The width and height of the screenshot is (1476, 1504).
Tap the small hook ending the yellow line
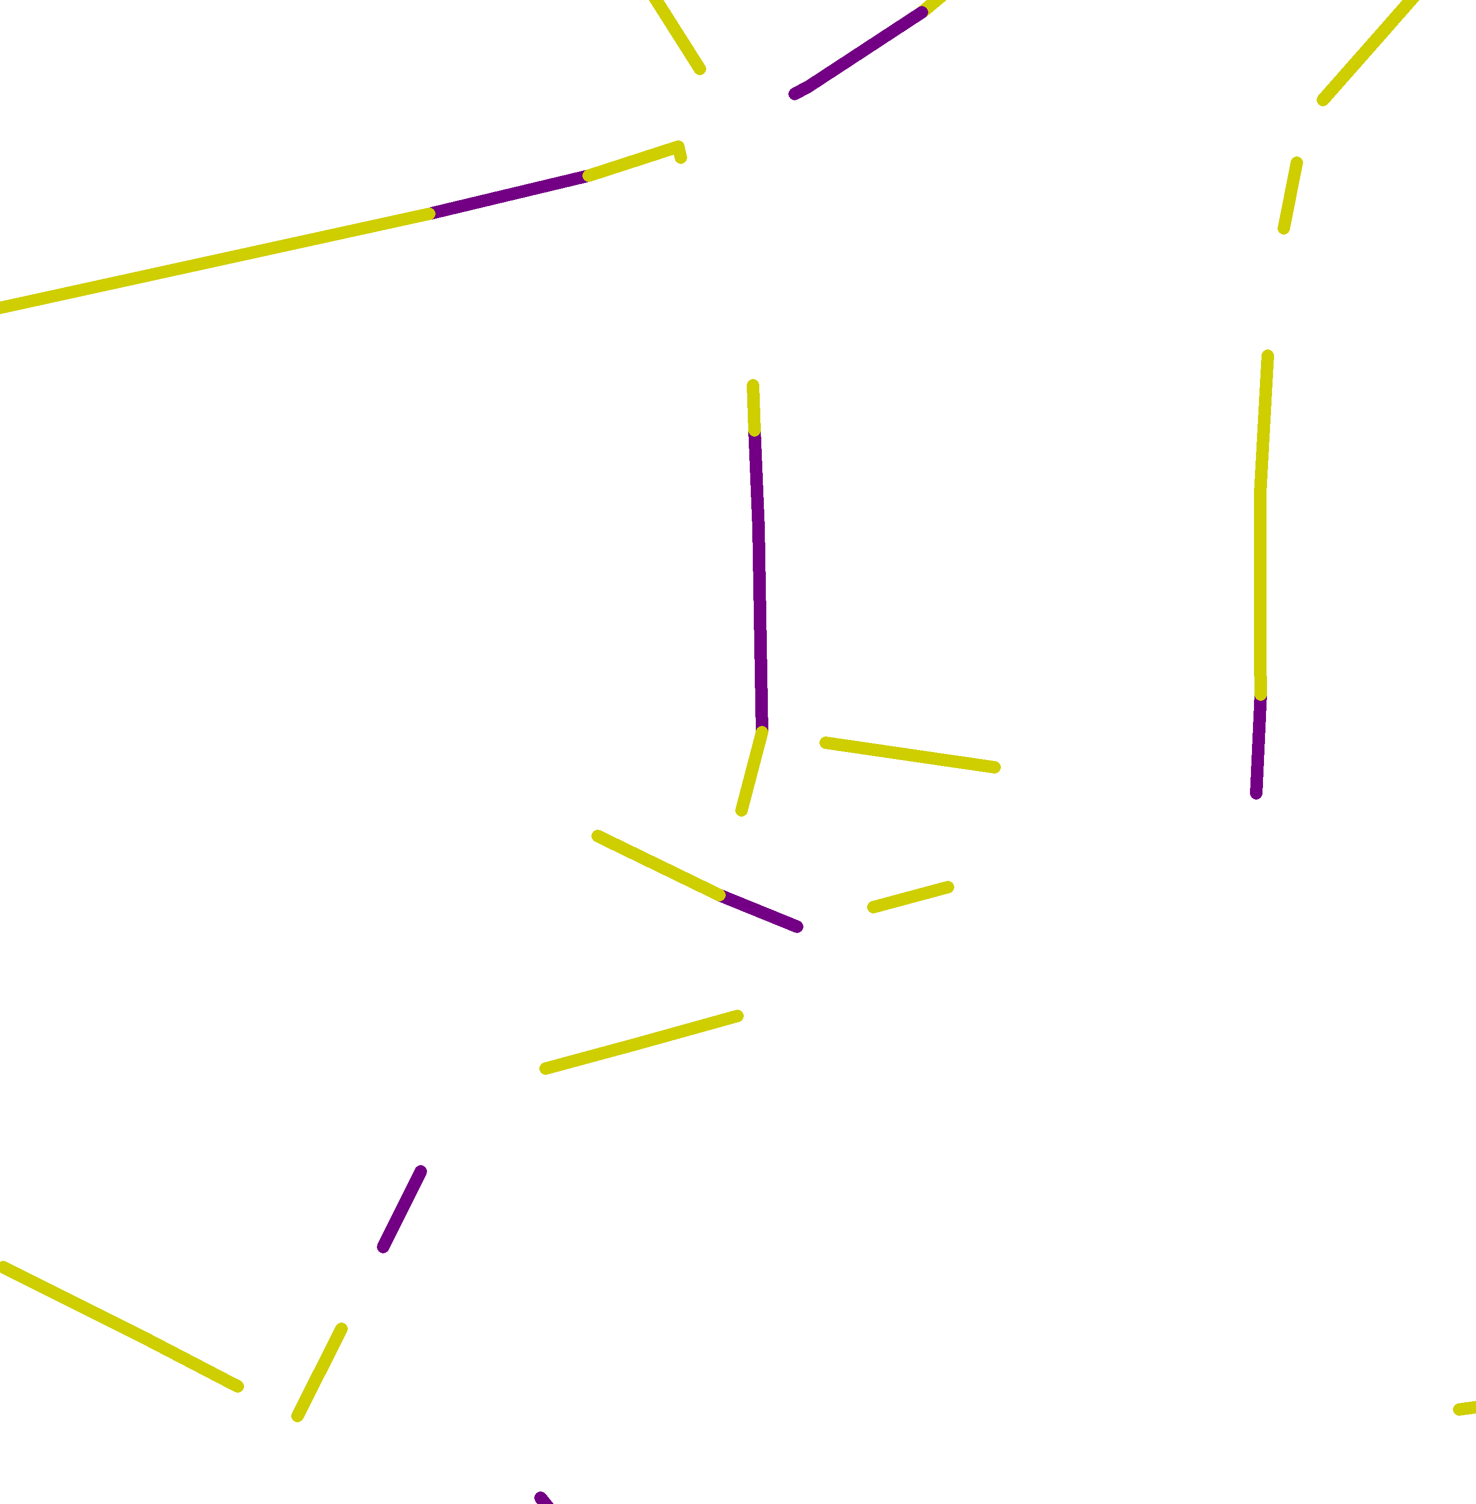(x=680, y=152)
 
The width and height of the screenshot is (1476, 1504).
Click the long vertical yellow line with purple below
(x=1260, y=527)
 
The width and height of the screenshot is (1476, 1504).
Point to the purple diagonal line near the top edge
(x=861, y=53)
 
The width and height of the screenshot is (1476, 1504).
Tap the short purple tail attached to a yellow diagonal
(x=760, y=911)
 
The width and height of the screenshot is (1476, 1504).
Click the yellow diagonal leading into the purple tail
(x=659, y=865)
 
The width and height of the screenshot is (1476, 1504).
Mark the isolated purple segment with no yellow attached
(x=401, y=1209)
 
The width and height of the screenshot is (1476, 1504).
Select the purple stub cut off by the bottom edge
(x=543, y=1498)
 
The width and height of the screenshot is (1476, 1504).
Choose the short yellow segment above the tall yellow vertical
(x=1290, y=196)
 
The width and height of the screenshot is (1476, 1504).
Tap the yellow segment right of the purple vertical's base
(x=910, y=755)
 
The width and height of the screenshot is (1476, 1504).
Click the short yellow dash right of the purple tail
(x=910, y=897)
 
